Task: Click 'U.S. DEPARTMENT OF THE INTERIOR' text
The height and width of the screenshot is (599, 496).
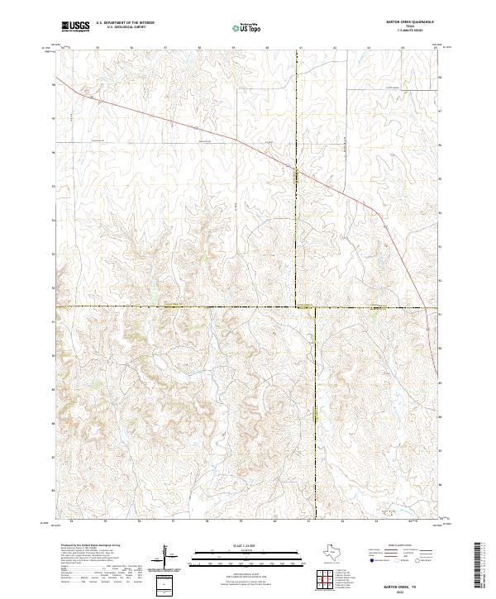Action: coord(124,23)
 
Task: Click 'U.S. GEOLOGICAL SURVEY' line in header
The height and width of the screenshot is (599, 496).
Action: coord(124,27)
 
